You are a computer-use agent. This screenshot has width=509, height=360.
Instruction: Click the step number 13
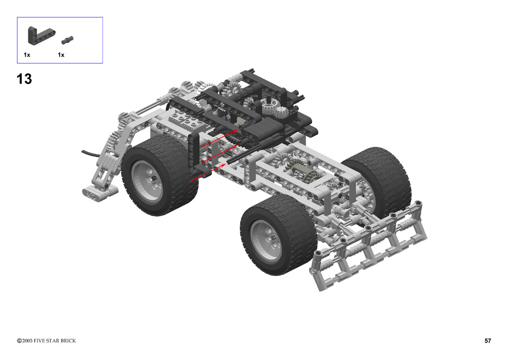[x=24, y=79]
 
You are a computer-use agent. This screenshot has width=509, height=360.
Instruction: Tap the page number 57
[x=488, y=341]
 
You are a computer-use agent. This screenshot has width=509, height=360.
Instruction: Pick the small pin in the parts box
[x=67, y=40]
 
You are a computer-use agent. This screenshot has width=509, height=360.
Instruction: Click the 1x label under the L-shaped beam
[x=27, y=55]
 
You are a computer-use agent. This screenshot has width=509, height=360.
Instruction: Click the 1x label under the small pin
[x=61, y=55]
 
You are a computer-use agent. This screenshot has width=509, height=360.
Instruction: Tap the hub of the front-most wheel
[x=266, y=240]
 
